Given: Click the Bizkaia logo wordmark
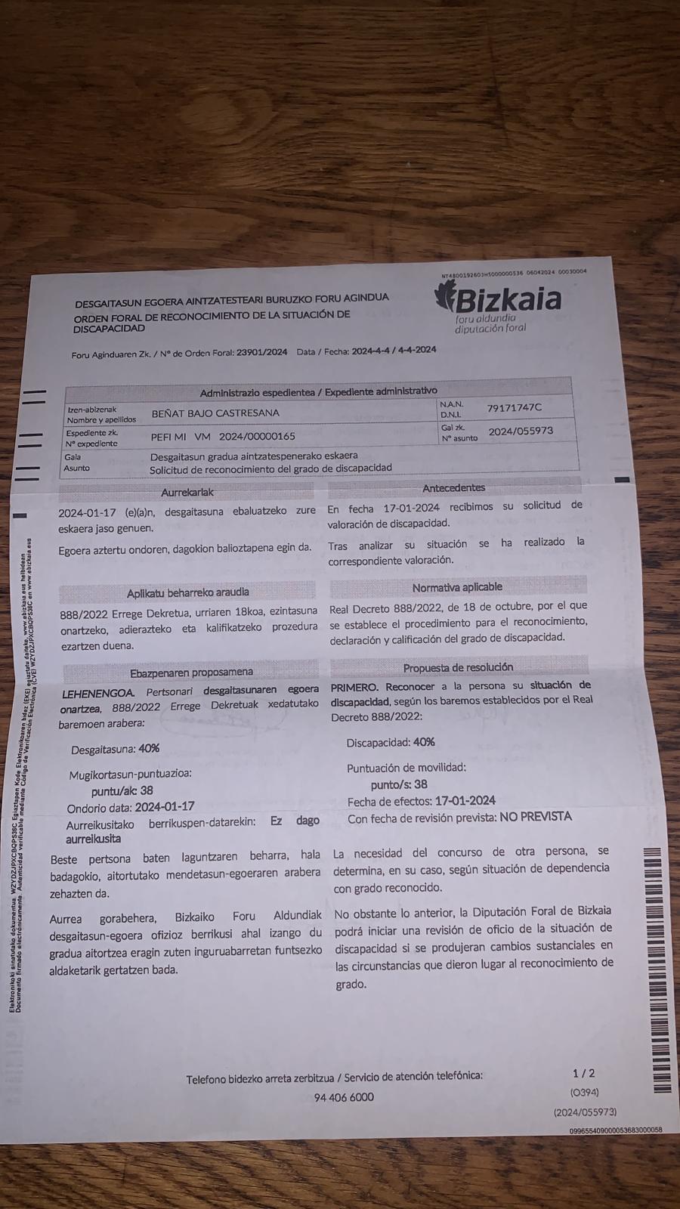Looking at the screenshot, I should click(508, 301).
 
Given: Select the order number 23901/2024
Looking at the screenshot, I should click(261, 352).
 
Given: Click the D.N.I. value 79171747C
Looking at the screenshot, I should click(514, 408).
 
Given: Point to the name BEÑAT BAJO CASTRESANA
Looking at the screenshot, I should click(215, 413).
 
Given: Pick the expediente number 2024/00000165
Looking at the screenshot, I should click(257, 436).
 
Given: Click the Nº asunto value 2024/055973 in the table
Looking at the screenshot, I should click(521, 431).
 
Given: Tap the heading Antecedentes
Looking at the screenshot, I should click(453, 488).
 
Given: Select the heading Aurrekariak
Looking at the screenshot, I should click(187, 493).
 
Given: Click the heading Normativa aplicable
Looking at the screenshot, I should click(457, 587).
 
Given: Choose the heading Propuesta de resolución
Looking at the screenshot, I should click(458, 667).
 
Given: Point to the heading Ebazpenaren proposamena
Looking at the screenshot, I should click(191, 672).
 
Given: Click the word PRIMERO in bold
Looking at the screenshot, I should click(354, 687).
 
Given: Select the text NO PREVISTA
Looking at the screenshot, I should click(535, 817).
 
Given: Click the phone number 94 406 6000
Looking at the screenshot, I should click(344, 1097).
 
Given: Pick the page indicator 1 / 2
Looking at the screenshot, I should click(583, 1073).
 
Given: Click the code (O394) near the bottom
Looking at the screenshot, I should click(584, 1092).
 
